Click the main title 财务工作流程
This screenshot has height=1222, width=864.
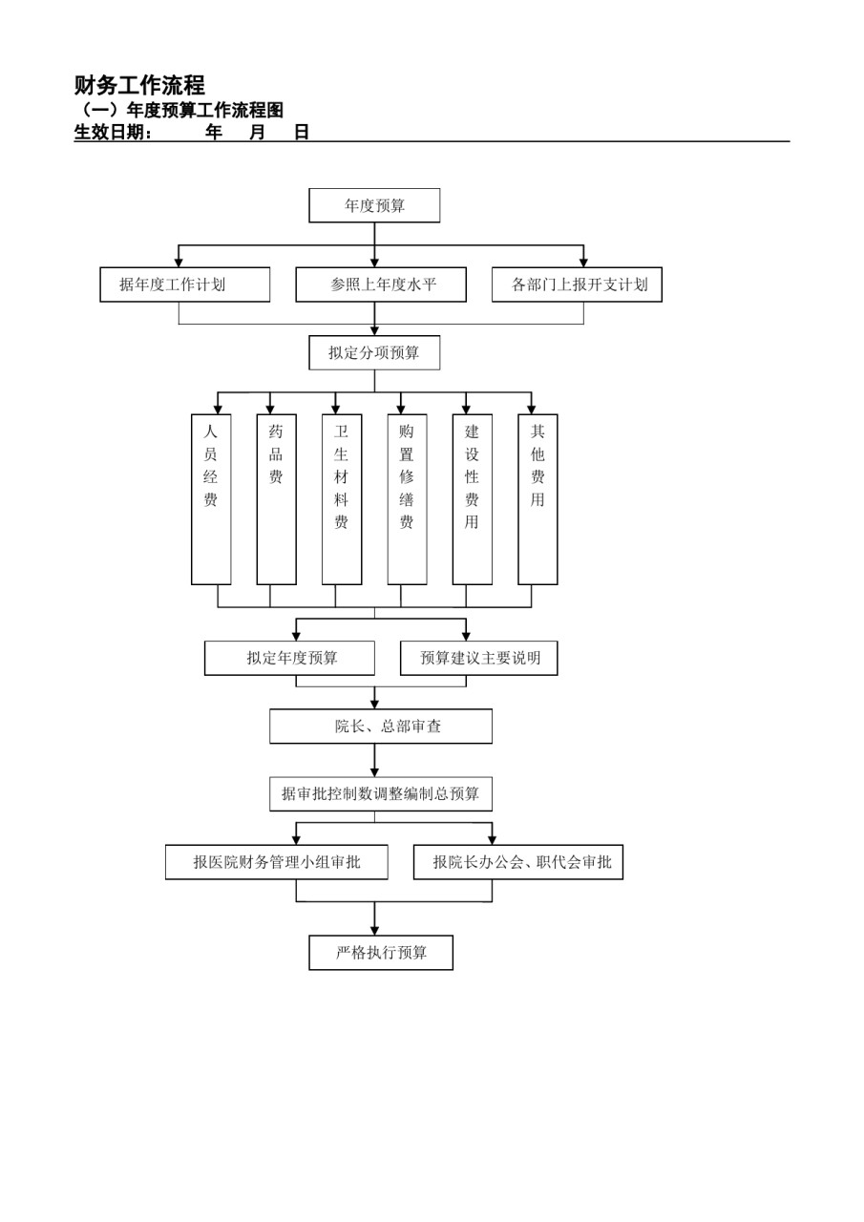pyautogui.click(x=139, y=85)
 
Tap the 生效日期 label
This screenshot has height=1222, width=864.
pyautogui.click(x=113, y=132)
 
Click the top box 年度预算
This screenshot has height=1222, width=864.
pyautogui.click(x=374, y=205)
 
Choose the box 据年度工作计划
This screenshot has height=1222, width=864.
pyautogui.click(x=185, y=284)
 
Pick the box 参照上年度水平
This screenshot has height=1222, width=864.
pyautogui.click(x=381, y=284)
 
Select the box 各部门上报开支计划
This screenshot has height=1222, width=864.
pyautogui.click(x=577, y=284)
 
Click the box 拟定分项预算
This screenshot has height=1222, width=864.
pyautogui.click(x=374, y=352)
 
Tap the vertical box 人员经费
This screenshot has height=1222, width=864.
pyautogui.click(x=211, y=499)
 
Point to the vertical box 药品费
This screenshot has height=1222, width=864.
pyautogui.click(x=277, y=499)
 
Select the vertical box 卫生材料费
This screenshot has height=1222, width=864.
pyautogui.click(x=342, y=499)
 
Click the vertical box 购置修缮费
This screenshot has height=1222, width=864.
pyautogui.click(x=407, y=499)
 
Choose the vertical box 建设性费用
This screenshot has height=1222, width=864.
pyautogui.click(x=473, y=499)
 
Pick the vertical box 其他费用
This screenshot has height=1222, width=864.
pyautogui.click(x=537, y=499)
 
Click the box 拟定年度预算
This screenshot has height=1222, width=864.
pyautogui.click(x=289, y=658)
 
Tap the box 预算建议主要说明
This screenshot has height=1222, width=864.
pyautogui.click(x=479, y=658)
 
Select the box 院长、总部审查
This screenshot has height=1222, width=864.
pyautogui.click(x=381, y=727)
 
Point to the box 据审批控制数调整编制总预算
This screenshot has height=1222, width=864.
pyautogui.click(x=381, y=793)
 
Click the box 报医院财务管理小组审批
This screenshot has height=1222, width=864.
pyautogui.click(x=277, y=862)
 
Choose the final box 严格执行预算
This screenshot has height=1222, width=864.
pyautogui.click(x=381, y=953)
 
